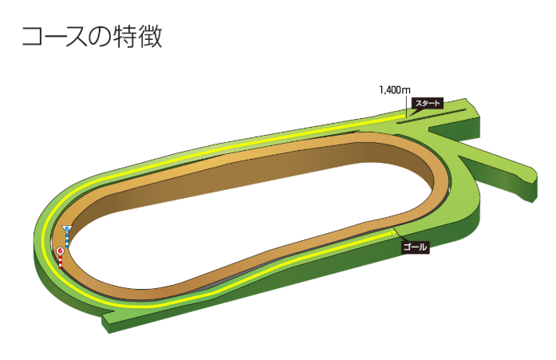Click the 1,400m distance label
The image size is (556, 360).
click(394, 90)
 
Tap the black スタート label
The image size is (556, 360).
click(427, 104)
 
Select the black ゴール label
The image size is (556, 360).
click(416, 247)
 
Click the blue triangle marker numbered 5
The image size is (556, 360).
click(67, 230)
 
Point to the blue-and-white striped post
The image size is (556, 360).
click(67, 239)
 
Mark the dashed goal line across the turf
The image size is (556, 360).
click(396, 233)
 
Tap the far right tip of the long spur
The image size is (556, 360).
click(532, 172)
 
